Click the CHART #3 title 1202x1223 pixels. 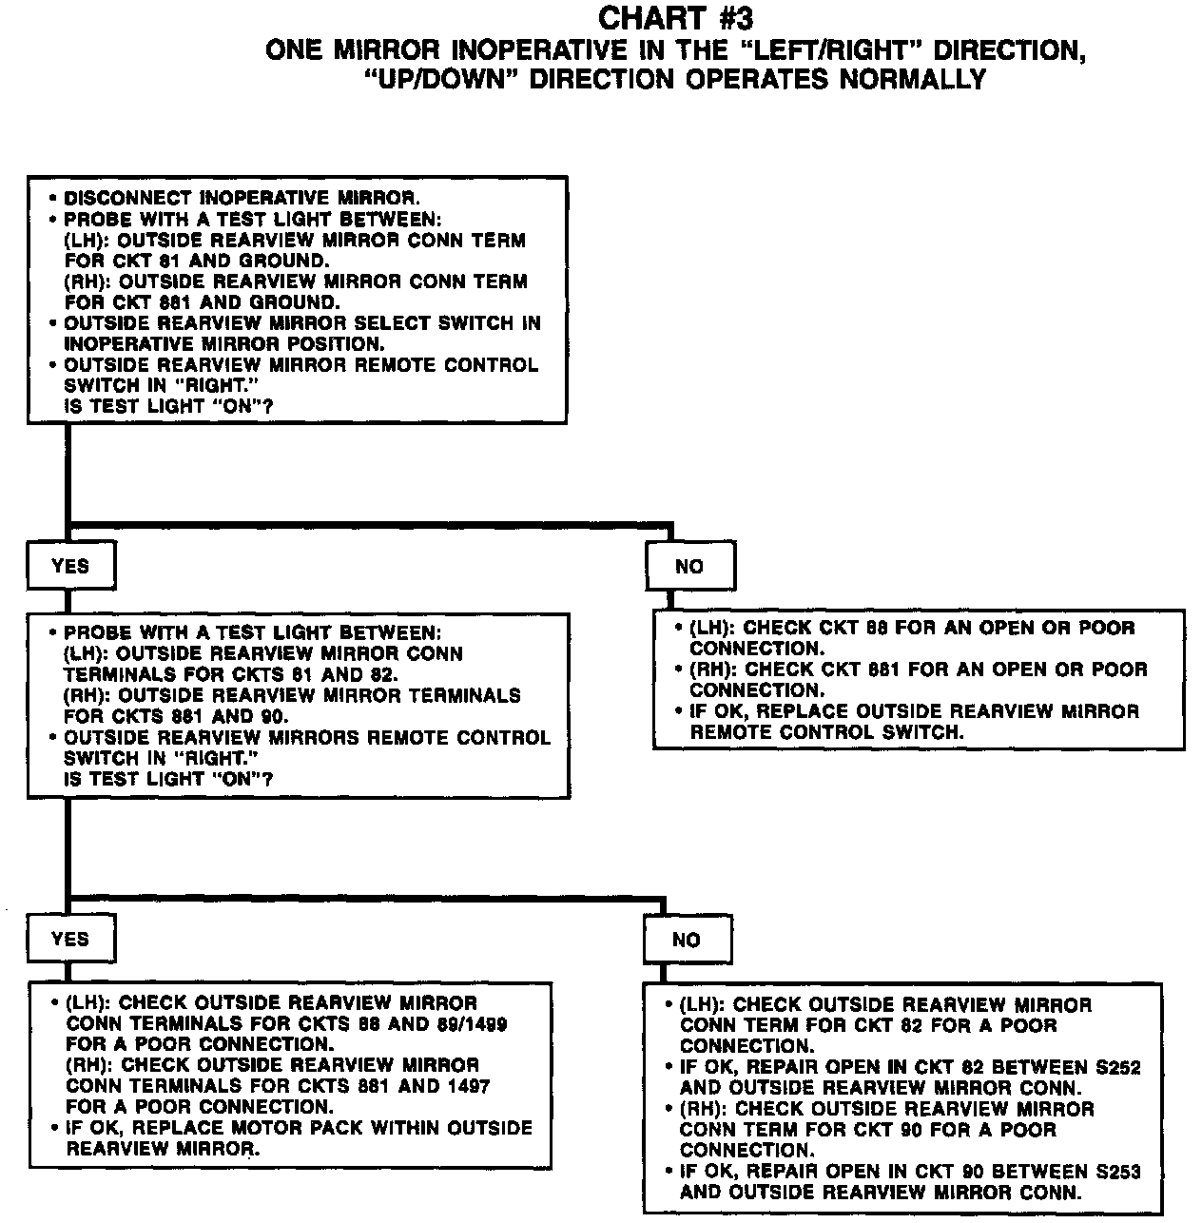(676, 18)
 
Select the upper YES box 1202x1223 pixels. (70, 567)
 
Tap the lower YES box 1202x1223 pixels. (70, 940)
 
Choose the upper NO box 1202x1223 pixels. (689, 567)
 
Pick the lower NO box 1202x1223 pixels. (687, 941)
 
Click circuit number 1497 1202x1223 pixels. (467, 1086)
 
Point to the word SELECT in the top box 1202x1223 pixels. (397, 323)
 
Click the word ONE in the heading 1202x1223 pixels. (296, 49)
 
